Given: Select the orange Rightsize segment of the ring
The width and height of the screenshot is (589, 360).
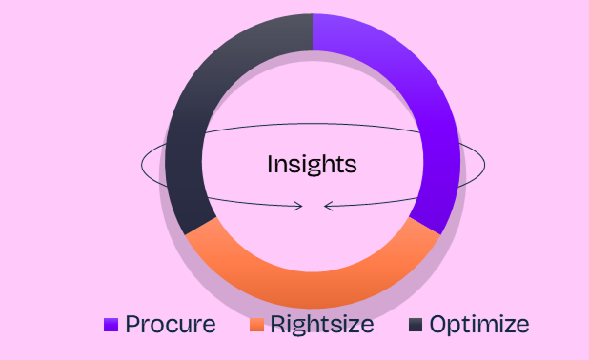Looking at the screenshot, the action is tap(313, 290).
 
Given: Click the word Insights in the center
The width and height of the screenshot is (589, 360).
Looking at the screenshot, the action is tap(312, 165).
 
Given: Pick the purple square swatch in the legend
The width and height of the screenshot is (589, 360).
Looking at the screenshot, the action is tap(111, 325).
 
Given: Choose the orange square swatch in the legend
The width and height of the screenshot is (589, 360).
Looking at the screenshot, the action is tap(256, 325).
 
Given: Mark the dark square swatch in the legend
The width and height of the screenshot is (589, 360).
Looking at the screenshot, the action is tap(416, 325).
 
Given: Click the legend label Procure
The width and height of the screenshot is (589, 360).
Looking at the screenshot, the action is tap(171, 324).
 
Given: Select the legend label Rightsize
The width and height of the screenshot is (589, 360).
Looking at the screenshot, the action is tap(322, 325).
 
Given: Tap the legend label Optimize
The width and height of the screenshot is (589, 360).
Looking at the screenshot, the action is tap(479, 325).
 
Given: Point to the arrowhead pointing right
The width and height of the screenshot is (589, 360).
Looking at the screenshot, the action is tap(298, 206).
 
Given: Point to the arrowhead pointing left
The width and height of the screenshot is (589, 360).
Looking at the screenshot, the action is tap(328, 206).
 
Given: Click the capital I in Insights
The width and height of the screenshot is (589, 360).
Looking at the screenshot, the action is tap(270, 164).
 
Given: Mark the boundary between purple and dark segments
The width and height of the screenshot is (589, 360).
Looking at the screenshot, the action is tap(313, 32).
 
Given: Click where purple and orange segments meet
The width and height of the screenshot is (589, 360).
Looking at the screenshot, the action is tap(424, 226).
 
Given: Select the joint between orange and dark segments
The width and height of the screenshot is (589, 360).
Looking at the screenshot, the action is tap(200, 226).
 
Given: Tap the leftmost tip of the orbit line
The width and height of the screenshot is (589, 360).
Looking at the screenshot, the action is tap(141, 165).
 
